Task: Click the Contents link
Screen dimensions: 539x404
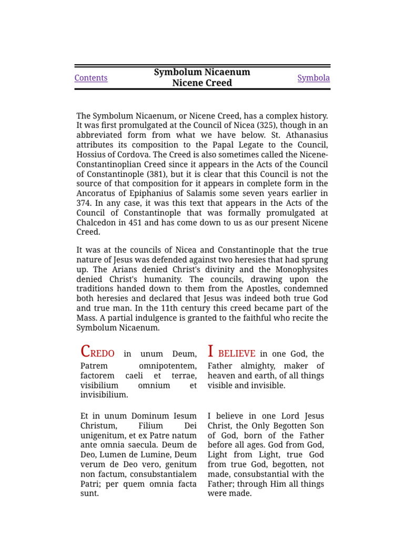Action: (x=90, y=78)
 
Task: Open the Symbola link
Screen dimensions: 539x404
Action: (x=314, y=78)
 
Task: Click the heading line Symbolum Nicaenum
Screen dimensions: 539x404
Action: (x=202, y=72)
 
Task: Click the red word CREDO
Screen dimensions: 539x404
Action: (x=97, y=353)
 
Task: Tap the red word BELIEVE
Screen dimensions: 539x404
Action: (x=237, y=354)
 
